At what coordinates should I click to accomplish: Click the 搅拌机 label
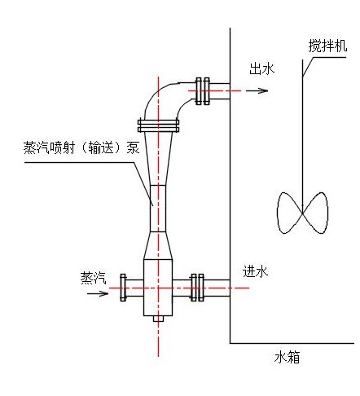point(327,46)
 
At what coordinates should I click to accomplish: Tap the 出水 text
point(262,68)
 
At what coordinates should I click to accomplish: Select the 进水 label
point(255,271)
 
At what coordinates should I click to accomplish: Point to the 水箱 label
point(287,357)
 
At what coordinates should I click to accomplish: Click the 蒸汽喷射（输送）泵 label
point(81,148)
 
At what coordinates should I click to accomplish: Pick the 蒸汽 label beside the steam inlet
point(93,278)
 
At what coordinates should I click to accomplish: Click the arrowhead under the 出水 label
point(262,90)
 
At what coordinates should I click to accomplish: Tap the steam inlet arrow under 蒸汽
point(98,293)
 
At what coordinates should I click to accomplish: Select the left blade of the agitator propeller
point(289,213)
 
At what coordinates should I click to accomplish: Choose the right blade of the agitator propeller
point(315,213)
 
